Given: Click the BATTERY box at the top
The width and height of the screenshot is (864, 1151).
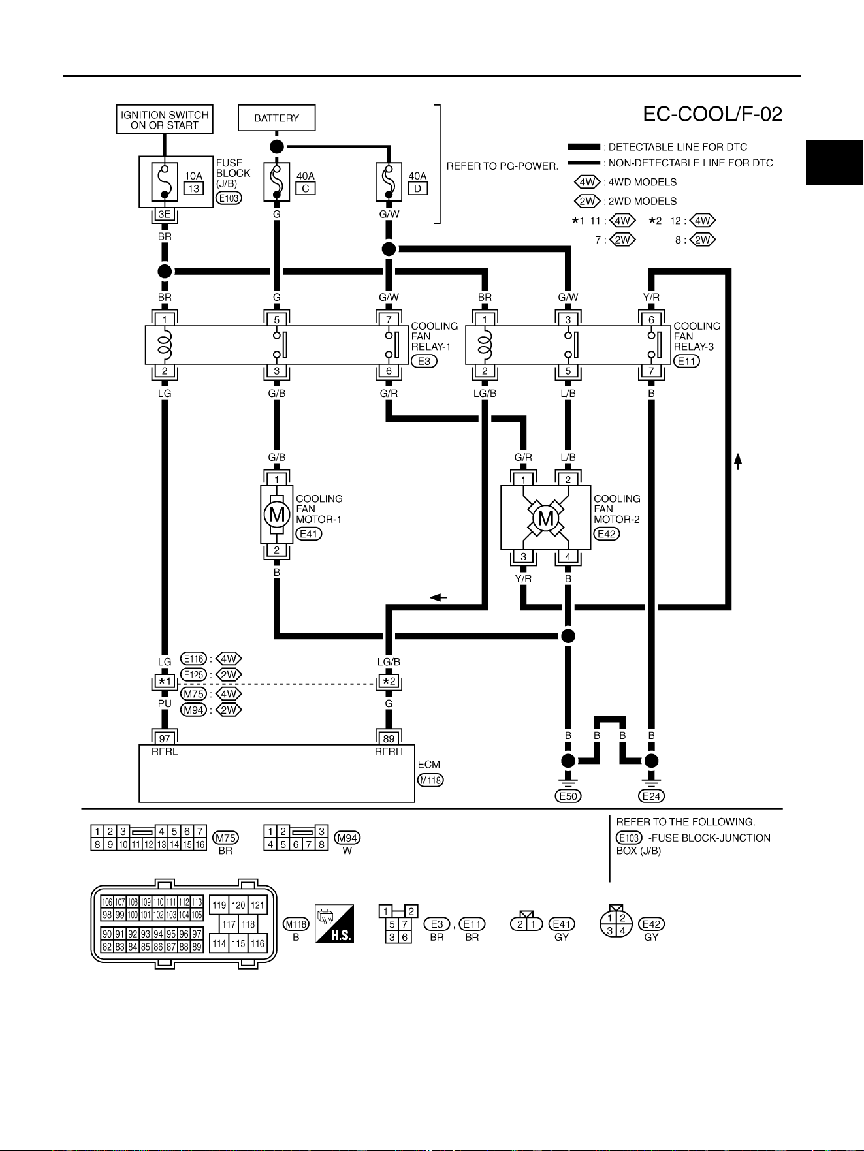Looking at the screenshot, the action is (x=276, y=118).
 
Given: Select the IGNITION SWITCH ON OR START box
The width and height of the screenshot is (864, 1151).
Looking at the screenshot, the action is (x=165, y=120).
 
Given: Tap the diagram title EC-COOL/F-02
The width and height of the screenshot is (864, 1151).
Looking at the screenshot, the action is (x=712, y=114).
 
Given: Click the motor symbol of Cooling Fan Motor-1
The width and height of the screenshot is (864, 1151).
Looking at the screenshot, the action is (x=277, y=514).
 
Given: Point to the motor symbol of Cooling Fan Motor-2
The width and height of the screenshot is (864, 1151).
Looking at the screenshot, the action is (x=545, y=518).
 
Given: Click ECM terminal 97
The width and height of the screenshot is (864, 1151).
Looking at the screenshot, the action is (x=165, y=738).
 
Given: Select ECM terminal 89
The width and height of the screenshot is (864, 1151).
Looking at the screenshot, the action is (x=389, y=738).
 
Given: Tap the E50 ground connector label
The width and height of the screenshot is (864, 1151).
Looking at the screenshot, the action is (x=568, y=796).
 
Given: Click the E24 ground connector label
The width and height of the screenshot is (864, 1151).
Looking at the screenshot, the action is (x=651, y=796).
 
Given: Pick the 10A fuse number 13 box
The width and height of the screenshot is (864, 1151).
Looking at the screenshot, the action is (x=193, y=189).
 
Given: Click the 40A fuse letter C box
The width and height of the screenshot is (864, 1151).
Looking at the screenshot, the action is (x=305, y=189).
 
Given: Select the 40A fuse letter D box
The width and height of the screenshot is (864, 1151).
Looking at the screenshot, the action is (x=417, y=189).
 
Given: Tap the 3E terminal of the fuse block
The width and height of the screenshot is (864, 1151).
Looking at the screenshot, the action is (x=165, y=214).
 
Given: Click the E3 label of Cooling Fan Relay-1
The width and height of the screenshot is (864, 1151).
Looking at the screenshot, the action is (x=424, y=361).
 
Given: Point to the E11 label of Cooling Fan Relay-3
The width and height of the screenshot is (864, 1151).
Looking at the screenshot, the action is (x=686, y=361).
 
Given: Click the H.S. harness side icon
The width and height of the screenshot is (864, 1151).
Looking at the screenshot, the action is (x=334, y=924).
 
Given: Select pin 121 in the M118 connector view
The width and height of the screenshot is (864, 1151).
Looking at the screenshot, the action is (x=258, y=905).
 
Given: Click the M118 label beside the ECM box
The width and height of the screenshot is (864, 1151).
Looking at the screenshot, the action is (x=430, y=780).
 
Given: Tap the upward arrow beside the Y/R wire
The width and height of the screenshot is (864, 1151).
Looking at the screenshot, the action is (x=738, y=461).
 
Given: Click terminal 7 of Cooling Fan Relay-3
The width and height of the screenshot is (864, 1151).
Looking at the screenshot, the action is (x=651, y=371).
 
